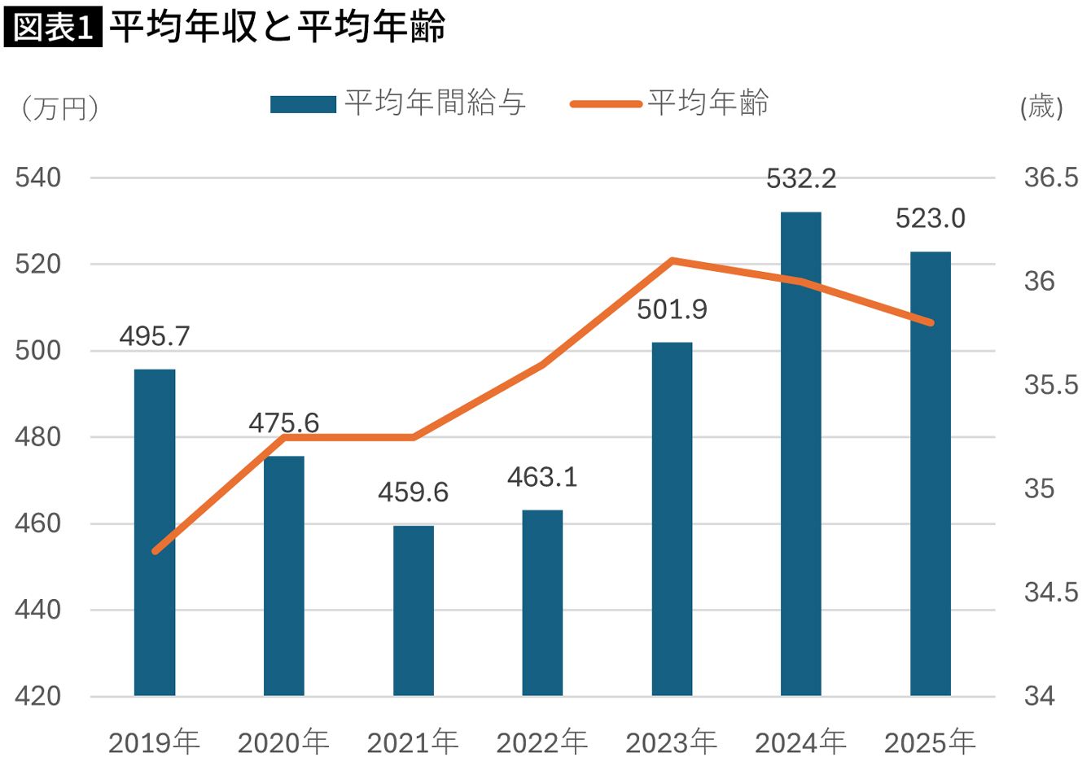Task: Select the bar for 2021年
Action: [413, 611]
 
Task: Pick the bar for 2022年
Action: [542, 602]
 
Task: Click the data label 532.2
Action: [801, 179]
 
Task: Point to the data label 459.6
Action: [413, 492]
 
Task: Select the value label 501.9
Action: [672, 310]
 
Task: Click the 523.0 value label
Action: [930, 219]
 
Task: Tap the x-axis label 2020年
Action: [283, 742]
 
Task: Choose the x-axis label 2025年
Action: [930, 742]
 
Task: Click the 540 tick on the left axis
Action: [38, 177]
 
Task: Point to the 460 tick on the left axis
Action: [38, 523]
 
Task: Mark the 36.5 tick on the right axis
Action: [1050, 177]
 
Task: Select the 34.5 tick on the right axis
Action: [1050, 593]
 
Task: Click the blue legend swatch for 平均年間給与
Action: [303, 104]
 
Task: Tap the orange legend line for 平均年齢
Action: [606, 104]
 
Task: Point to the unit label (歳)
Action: [1041, 107]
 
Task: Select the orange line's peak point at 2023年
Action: [673, 260]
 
